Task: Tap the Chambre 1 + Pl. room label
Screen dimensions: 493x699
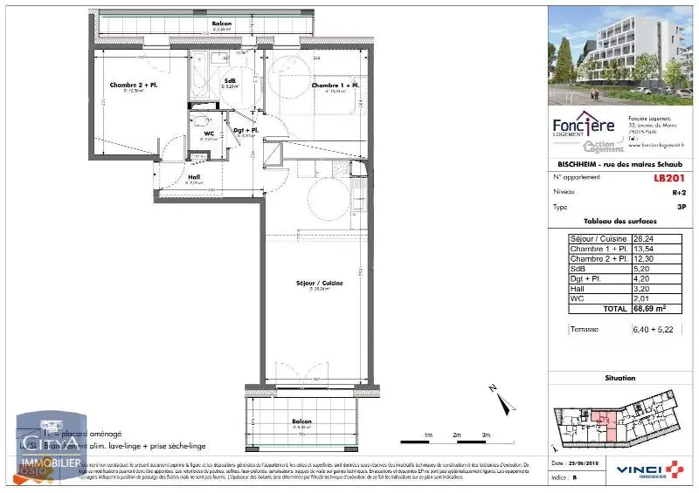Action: pyautogui.click(x=336, y=86)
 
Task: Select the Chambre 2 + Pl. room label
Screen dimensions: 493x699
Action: pyautogui.click(x=134, y=86)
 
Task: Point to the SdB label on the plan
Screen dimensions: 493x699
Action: pyautogui.click(x=230, y=81)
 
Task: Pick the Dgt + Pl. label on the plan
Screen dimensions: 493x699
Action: pyautogui.click(x=246, y=131)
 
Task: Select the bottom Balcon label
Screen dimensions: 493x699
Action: pyautogui.click(x=302, y=421)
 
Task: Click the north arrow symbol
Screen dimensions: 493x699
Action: pyautogui.click(x=502, y=401)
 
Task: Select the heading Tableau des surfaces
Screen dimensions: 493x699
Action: pyautogui.click(x=619, y=222)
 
